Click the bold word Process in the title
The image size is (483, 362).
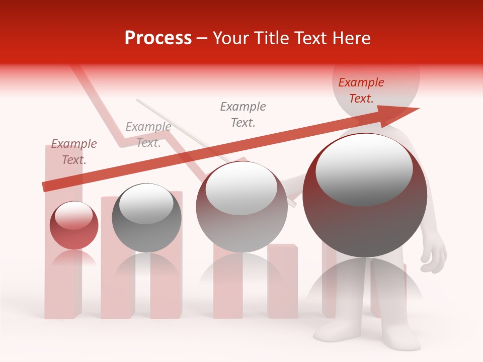[158, 38]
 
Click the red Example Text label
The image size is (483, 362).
[361, 90]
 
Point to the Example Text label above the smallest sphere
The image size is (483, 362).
[74, 152]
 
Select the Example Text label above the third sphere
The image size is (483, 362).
[243, 115]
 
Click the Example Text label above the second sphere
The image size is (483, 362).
[148, 135]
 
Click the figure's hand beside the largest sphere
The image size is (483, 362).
[434, 254]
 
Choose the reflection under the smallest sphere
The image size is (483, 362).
[74, 259]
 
